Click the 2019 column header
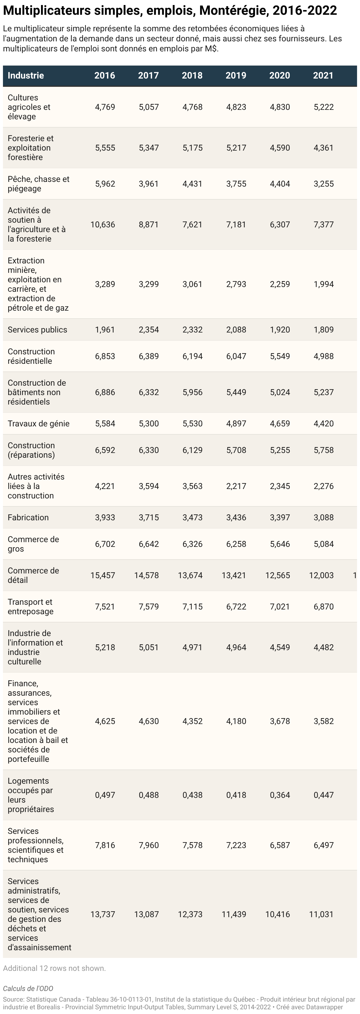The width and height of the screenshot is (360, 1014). (236, 76)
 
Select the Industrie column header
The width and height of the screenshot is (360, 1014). (26, 76)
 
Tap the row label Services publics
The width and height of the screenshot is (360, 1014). (37, 330)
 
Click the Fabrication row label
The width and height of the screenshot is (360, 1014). (28, 517)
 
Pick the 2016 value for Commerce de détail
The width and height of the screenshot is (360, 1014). (103, 575)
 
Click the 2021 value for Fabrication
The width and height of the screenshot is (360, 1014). (323, 517)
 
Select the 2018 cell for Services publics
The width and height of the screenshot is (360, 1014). (192, 330)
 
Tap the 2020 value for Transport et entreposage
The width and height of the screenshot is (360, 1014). (280, 607)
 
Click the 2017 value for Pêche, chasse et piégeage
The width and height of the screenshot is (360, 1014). (149, 184)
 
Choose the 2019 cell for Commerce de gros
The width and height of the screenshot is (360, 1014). (236, 544)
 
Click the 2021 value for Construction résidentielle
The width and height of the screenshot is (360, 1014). (323, 356)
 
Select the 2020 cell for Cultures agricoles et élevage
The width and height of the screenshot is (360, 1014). (280, 107)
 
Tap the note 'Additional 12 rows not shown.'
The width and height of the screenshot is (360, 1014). (54, 968)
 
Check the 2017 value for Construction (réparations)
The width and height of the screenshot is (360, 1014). (149, 450)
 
